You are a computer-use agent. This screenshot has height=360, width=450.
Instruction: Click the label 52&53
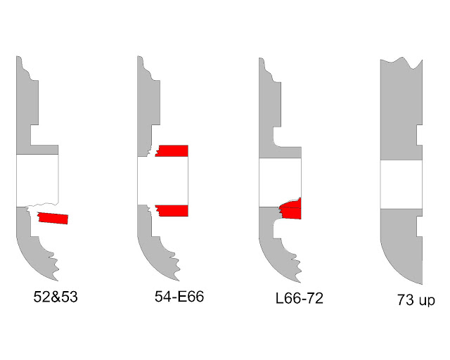(x=56, y=297)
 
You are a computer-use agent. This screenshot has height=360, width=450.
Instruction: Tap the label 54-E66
(x=179, y=296)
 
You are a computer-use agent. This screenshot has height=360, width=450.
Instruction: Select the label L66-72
(x=300, y=298)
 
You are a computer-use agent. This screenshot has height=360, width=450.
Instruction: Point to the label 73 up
(x=416, y=300)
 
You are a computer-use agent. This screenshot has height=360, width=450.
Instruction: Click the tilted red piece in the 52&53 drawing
(x=53, y=218)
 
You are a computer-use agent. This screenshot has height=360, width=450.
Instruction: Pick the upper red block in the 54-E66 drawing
(x=172, y=150)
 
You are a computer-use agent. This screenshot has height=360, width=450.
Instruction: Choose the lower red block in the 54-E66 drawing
(x=172, y=210)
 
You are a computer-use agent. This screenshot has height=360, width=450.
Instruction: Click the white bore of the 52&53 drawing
(x=37, y=180)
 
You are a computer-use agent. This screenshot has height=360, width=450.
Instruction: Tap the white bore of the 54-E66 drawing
(x=162, y=181)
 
